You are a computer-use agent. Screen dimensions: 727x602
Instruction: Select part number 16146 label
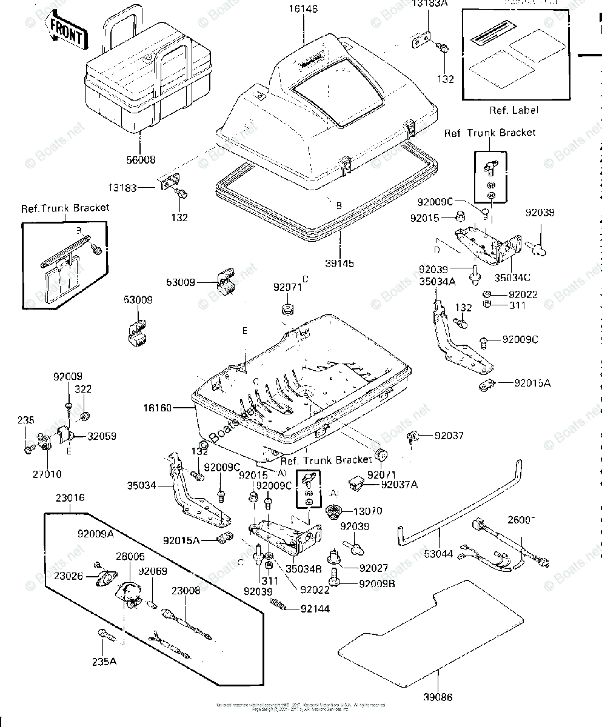point(303,10)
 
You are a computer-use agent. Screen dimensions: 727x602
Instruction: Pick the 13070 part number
point(369,511)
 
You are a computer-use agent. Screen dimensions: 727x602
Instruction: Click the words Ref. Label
point(513,110)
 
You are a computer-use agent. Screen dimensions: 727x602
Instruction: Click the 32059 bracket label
point(102,436)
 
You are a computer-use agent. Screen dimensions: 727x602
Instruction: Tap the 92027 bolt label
point(373,568)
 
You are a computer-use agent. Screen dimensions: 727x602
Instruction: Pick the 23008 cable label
point(186,591)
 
